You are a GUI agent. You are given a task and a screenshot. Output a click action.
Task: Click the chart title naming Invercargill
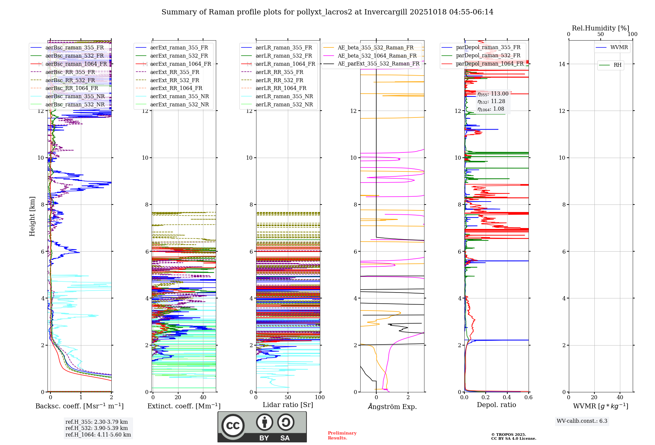[x=327, y=12]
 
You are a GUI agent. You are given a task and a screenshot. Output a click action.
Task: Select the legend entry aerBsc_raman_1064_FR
[x=76, y=64]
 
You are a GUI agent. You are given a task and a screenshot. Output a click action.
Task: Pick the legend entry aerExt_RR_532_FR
[x=174, y=80]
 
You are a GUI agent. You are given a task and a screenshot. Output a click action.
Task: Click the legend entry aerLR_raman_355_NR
[x=284, y=97]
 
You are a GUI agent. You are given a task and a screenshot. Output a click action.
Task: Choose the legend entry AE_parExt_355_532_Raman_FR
[x=378, y=64]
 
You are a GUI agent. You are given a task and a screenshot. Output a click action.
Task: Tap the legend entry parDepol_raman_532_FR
[x=488, y=56]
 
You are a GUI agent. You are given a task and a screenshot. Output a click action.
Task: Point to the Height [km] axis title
[x=32, y=216]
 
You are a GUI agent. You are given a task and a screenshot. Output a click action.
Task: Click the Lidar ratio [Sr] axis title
[x=288, y=405]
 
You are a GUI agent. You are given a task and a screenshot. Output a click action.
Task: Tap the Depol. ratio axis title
[x=496, y=405]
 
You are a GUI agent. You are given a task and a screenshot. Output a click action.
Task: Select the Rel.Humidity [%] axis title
[x=600, y=28]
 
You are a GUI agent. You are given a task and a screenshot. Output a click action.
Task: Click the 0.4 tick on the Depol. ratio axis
[x=507, y=398]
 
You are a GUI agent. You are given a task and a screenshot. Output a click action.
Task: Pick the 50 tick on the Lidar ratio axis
[x=288, y=398]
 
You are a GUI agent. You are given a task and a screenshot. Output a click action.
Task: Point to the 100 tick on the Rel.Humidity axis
[x=632, y=34]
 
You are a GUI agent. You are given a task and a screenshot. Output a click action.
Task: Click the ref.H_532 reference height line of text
[x=97, y=428]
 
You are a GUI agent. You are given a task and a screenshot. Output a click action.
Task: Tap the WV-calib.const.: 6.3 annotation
[x=582, y=421]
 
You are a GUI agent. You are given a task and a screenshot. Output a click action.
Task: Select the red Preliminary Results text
[x=342, y=436]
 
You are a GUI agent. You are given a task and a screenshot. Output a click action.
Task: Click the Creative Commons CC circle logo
[x=233, y=426]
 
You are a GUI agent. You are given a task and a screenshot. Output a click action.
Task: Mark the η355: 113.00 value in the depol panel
[x=493, y=94]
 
